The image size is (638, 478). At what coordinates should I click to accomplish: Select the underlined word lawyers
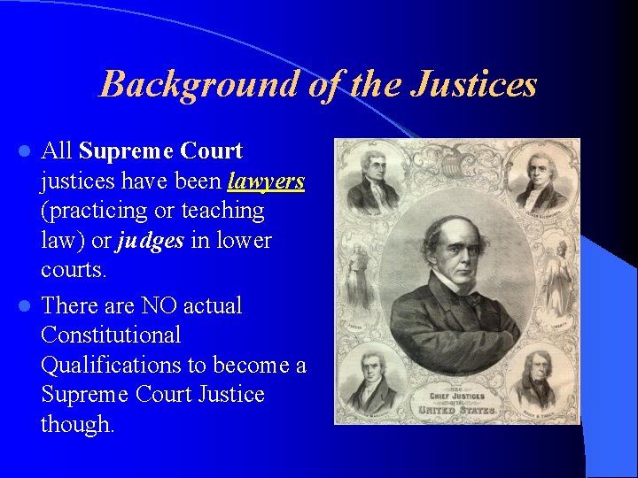tap(266, 181)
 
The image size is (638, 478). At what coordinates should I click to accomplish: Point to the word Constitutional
tap(111, 335)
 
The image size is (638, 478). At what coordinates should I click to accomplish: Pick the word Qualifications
tap(116, 366)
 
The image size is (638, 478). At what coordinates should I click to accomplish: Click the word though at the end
tap(78, 425)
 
